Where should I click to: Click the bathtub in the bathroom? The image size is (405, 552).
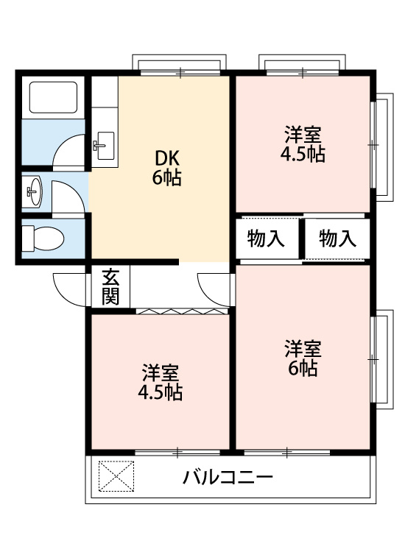coord(52,98)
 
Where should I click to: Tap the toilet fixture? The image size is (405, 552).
coord(43,238)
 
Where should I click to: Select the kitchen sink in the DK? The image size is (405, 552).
coord(103,144)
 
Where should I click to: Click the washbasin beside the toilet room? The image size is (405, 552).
coord(34,194)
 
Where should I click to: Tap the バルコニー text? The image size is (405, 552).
coord(228,478)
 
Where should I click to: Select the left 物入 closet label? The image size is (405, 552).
coord(267,239)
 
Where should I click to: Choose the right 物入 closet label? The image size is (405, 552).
coord(338,239)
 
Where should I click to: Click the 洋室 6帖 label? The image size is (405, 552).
coord(303,358)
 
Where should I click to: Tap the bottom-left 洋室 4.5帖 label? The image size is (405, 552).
coord(161,382)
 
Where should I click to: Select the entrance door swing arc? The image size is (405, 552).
coord(70,287)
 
